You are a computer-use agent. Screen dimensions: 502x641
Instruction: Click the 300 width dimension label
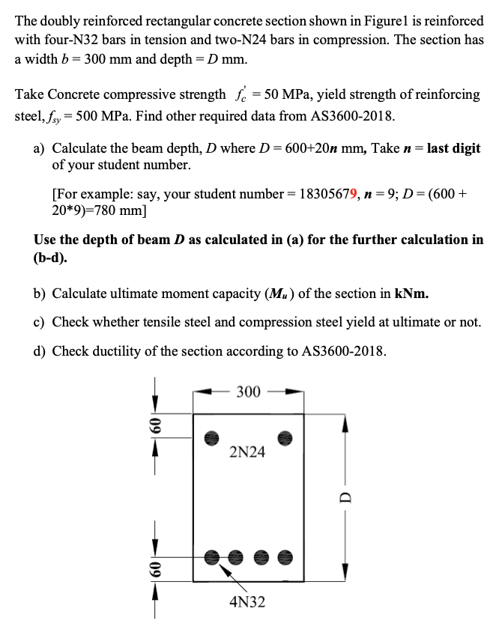click(249, 392)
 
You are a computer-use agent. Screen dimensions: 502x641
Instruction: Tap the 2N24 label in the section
click(247, 452)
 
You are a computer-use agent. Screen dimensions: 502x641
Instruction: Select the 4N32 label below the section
click(247, 602)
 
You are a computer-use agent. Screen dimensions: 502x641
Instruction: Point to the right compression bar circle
click(285, 436)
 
